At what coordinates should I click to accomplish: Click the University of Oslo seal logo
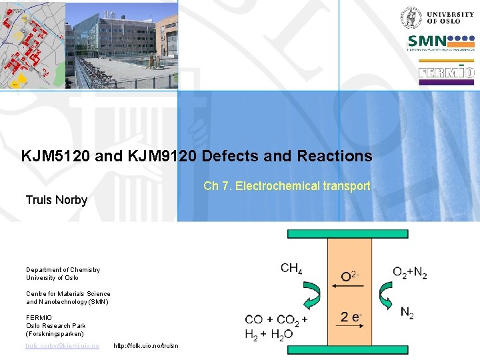pyautogui.click(x=410, y=17)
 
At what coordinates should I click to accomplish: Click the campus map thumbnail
pyautogui.click(x=32, y=45)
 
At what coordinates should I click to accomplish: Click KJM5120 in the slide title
pyautogui.click(x=55, y=156)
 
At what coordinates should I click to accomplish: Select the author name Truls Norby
pyautogui.click(x=57, y=200)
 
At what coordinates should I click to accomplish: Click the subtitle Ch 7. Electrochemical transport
pyautogui.click(x=287, y=186)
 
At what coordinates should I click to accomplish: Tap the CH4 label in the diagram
pyautogui.click(x=291, y=269)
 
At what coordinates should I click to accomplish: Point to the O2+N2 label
pyautogui.click(x=409, y=272)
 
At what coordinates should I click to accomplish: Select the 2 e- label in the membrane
pyautogui.click(x=351, y=317)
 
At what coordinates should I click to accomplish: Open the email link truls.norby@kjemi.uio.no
pyautogui.click(x=62, y=346)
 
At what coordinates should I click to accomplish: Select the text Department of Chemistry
pyautogui.click(x=63, y=270)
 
